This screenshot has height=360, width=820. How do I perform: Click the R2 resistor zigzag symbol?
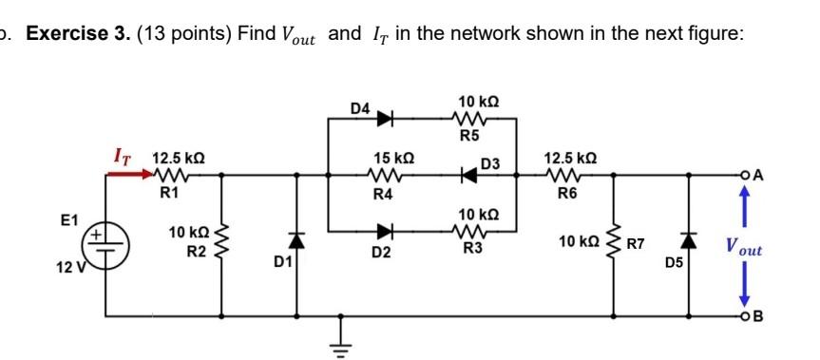pyautogui.click(x=223, y=241)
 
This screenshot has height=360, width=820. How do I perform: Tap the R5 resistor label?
pyautogui.click(x=468, y=136)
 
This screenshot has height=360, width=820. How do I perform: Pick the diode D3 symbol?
pyautogui.click(x=468, y=175)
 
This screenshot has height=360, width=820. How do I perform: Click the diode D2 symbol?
pyautogui.click(x=386, y=230)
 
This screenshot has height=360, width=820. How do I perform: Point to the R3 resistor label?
pyautogui.click(x=472, y=248)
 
